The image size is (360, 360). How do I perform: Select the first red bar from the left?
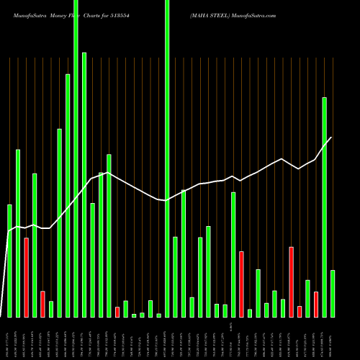(x=26, y=277)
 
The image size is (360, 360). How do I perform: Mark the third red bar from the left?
(x=117, y=312)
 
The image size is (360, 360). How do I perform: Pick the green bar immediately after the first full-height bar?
(x=84, y=184)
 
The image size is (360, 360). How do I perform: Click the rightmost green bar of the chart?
(x=333, y=293)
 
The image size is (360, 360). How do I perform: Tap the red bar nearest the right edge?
(x=316, y=304)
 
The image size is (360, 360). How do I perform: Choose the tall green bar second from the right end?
(x=325, y=207)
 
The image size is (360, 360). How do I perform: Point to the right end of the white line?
(x=331, y=138)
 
